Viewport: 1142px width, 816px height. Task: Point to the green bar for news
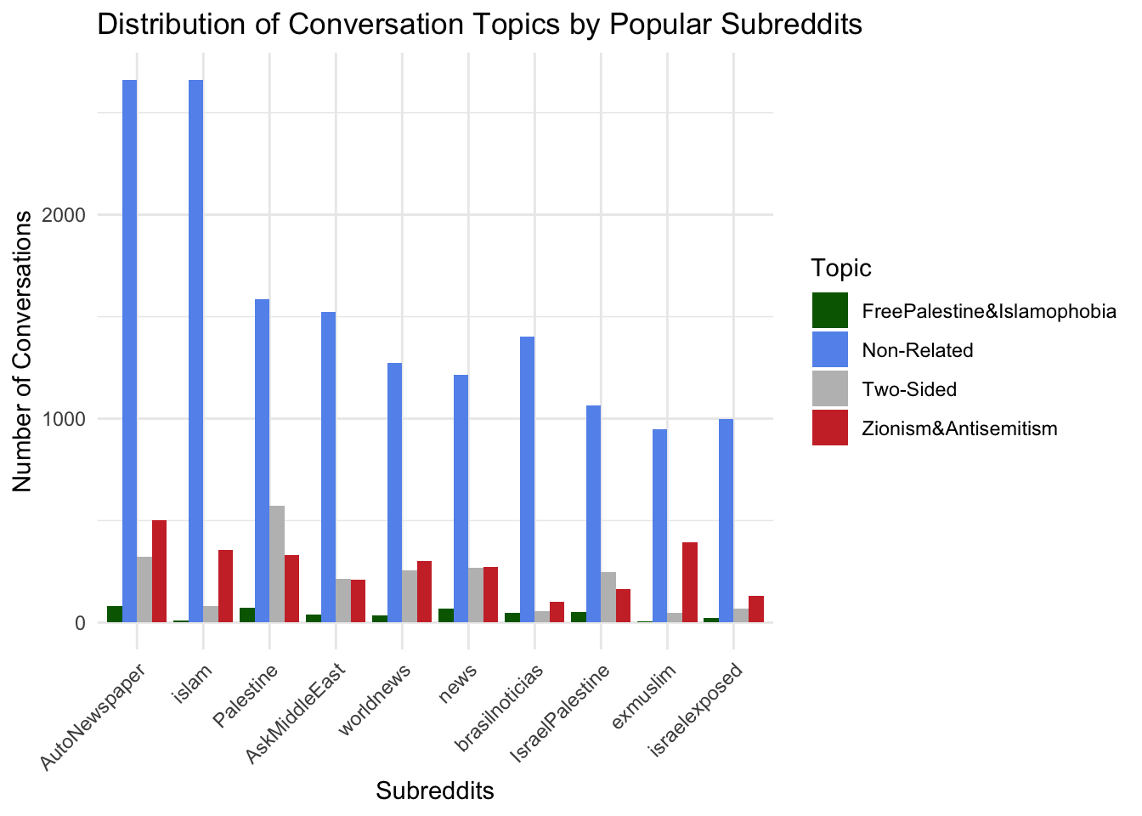(446, 615)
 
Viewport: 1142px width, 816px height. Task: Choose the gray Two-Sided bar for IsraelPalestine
(608, 597)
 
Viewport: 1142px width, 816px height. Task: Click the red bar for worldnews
(424, 592)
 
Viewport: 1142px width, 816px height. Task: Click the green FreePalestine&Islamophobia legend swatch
(829, 311)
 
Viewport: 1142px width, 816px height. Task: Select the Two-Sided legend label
(908, 390)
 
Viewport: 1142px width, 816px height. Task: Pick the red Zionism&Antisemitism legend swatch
(829, 428)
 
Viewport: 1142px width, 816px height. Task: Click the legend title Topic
(841, 269)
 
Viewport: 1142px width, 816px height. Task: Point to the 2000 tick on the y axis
(67, 215)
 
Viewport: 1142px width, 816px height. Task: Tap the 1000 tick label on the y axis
(67, 419)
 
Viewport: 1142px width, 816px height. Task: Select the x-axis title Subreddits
(434, 791)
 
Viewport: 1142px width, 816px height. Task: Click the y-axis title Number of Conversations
(23, 350)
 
